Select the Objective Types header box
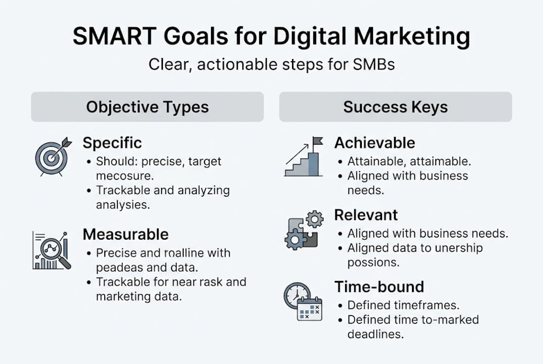(147, 107)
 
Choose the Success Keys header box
(395, 107)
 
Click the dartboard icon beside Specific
(51, 156)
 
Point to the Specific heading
(112, 143)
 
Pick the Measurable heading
(126, 234)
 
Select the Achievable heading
(374, 143)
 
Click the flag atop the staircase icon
(317, 141)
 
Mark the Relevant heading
(366, 215)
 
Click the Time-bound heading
(379, 287)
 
